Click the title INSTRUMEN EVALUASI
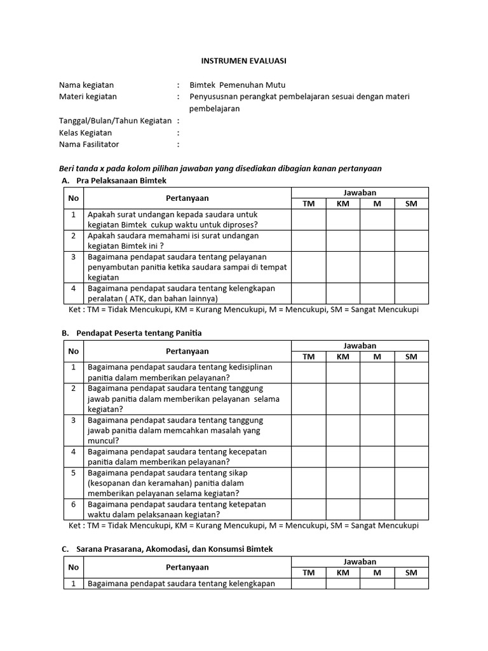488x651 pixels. click(x=244, y=60)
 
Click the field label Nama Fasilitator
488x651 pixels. click(x=89, y=144)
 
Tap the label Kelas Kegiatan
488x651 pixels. click(x=85, y=133)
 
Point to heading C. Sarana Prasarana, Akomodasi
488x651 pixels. click(x=168, y=549)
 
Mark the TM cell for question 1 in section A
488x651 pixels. click(x=309, y=219)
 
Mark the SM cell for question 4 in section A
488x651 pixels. click(x=411, y=293)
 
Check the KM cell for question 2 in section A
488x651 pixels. click(x=343, y=240)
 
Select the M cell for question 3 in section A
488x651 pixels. click(x=377, y=266)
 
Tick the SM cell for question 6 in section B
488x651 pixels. click(x=411, y=509)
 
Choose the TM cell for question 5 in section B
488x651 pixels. click(x=309, y=483)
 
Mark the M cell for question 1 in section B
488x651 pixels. click(x=377, y=372)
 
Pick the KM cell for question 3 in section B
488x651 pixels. click(x=343, y=430)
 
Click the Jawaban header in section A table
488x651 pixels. click(x=360, y=193)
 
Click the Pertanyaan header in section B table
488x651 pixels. click(x=187, y=351)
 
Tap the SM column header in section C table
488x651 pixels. click(x=411, y=572)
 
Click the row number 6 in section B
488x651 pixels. click(x=74, y=504)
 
